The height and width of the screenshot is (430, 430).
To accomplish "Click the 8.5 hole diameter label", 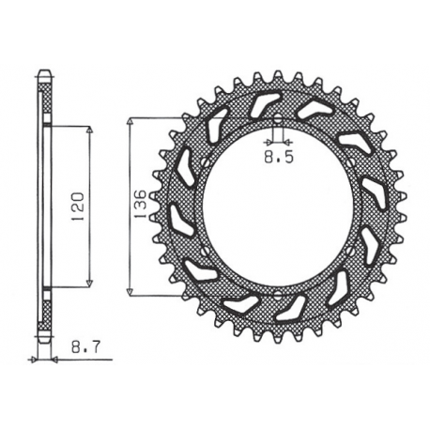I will pyautogui.click(x=278, y=160).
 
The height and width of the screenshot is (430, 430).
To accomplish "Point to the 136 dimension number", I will pyautogui.click(x=140, y=204).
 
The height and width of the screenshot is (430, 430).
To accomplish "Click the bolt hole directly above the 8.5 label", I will pyautogui.click(x=279, y=119).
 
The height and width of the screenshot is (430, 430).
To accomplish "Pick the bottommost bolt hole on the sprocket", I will pyautogui.click(x=279, y=292).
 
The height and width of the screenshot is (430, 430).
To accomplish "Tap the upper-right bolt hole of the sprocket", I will pyautogui.click(x=353, y=161).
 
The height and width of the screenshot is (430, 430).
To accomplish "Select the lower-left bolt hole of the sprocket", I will pyautogui.click(x=204, y=250).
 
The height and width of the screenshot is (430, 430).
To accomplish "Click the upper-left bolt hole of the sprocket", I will pyautogui.click(x=205, y=161).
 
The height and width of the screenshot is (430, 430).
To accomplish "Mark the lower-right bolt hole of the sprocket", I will pyautogui.click(x=353, y=250).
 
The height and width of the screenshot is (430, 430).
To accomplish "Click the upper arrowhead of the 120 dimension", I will pyautogui.click(x=89, y=131).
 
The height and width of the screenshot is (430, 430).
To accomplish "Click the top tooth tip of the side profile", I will pyautogui.click(x=44, y=71).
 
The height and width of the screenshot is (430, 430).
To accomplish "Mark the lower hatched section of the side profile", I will pyautogui.click(x=44, y=310).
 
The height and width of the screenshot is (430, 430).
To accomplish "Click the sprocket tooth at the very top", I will pyautogui.click(x=279, y=73).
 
